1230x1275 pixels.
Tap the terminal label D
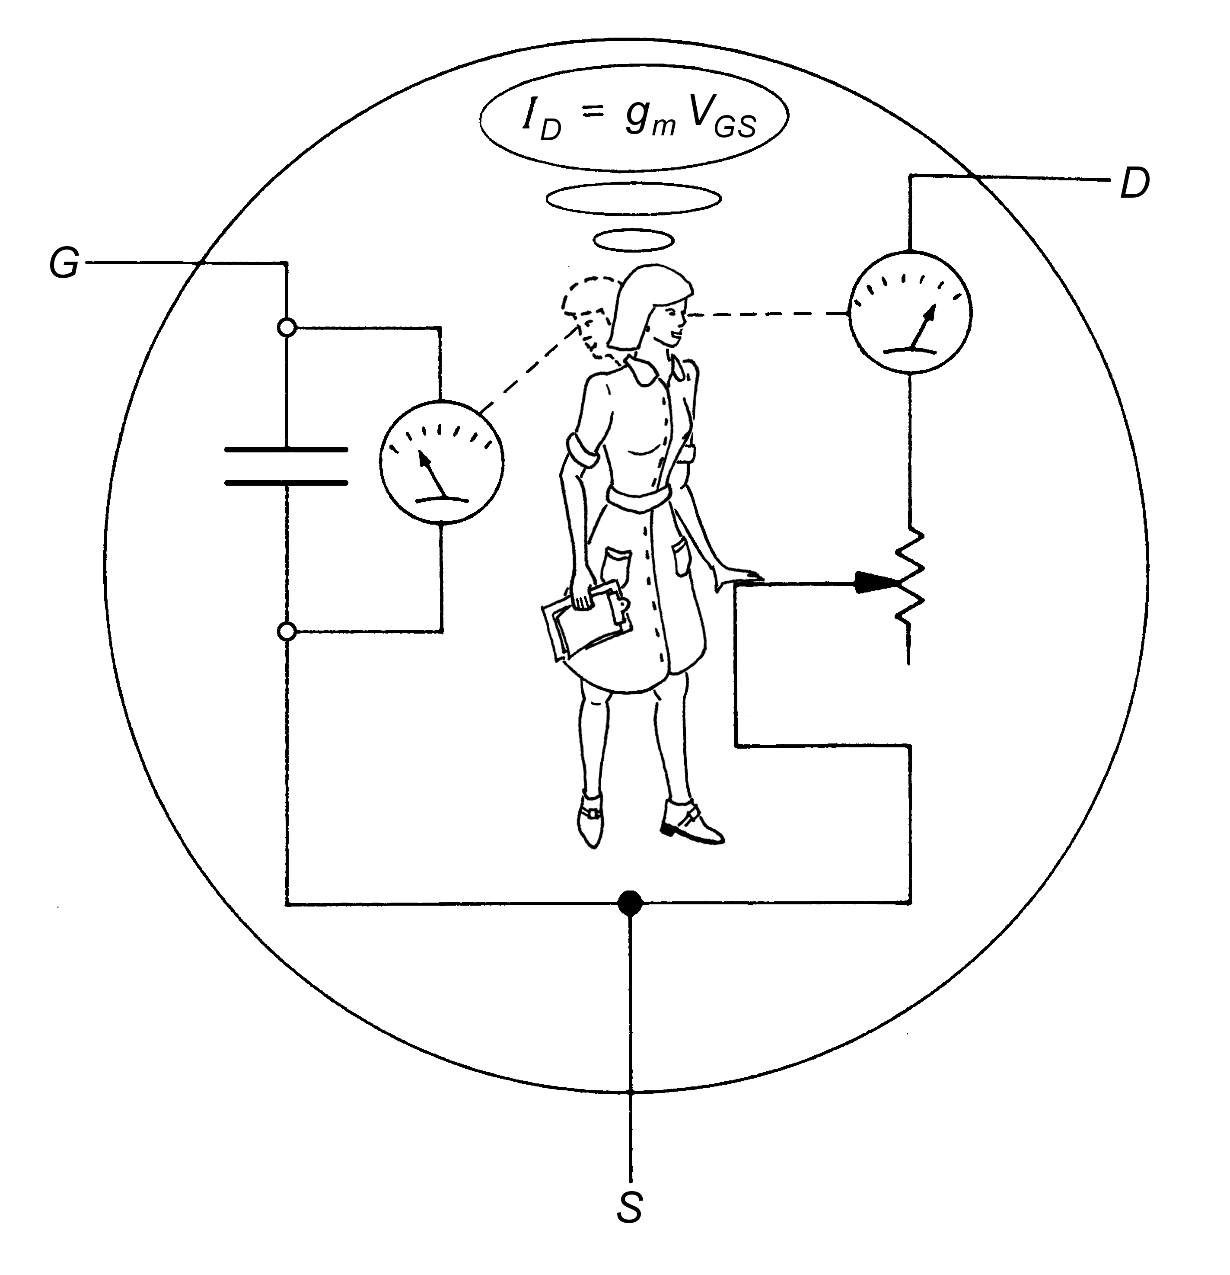coord(1135,184)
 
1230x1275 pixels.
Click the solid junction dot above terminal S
coord(629,903)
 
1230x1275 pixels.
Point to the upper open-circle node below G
coord(287,327)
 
